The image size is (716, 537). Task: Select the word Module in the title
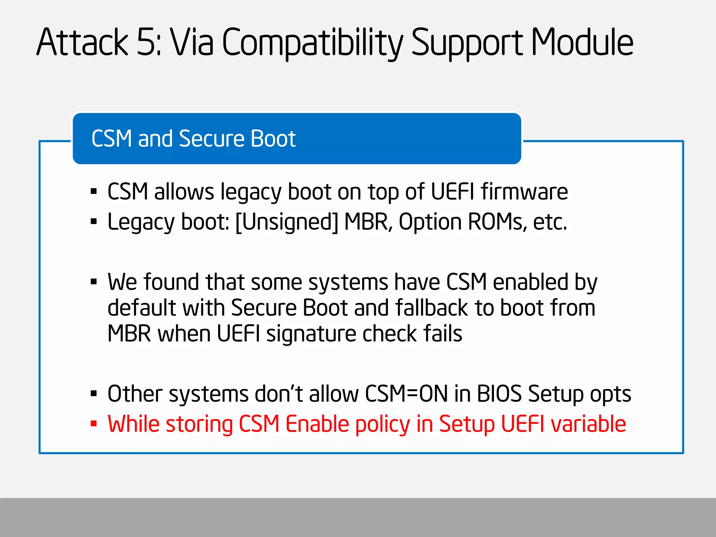[582, 43]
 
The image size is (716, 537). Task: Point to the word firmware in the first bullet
[524, 192]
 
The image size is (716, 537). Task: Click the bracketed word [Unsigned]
[287, 222]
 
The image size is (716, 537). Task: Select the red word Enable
[317, 424]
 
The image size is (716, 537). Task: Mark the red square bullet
[93, 424]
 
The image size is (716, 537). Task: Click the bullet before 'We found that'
[93, 282]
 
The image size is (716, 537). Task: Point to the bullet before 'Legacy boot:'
[93, 222]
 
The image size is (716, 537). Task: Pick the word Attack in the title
[83, 43]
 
